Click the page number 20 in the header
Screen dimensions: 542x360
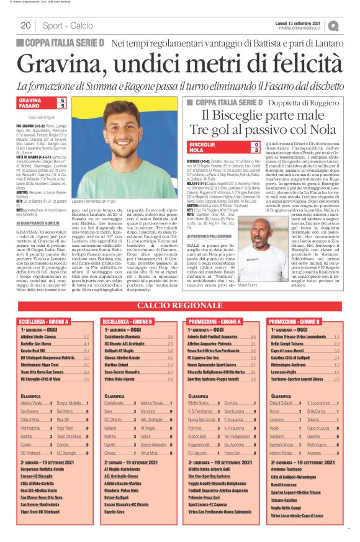point(26,25)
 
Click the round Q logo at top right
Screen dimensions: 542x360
point(334,25)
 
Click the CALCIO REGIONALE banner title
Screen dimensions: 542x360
point(179,306)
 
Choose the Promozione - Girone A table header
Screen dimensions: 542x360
point(214,322)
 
